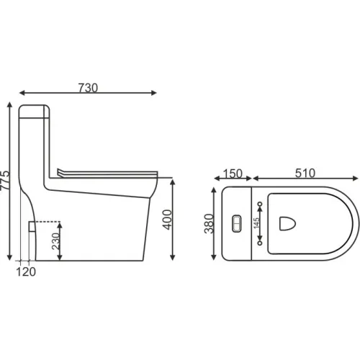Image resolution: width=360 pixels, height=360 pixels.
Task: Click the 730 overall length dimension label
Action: pyautogui.click(x=87, y=87)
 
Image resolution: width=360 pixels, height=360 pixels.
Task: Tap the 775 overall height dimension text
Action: pyautogui.click(x=6, y=182)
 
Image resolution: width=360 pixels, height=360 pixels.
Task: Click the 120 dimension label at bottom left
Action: pyautogui.click(x=26, y=271)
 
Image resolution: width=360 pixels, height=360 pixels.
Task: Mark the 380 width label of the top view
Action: pyautogui.click(x=208, y=225)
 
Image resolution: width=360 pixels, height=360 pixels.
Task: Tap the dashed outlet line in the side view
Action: pyautogui.click(x=47, y=221)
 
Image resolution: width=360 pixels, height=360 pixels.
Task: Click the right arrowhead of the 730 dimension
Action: pyautogui.click(x=153, y=92)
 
